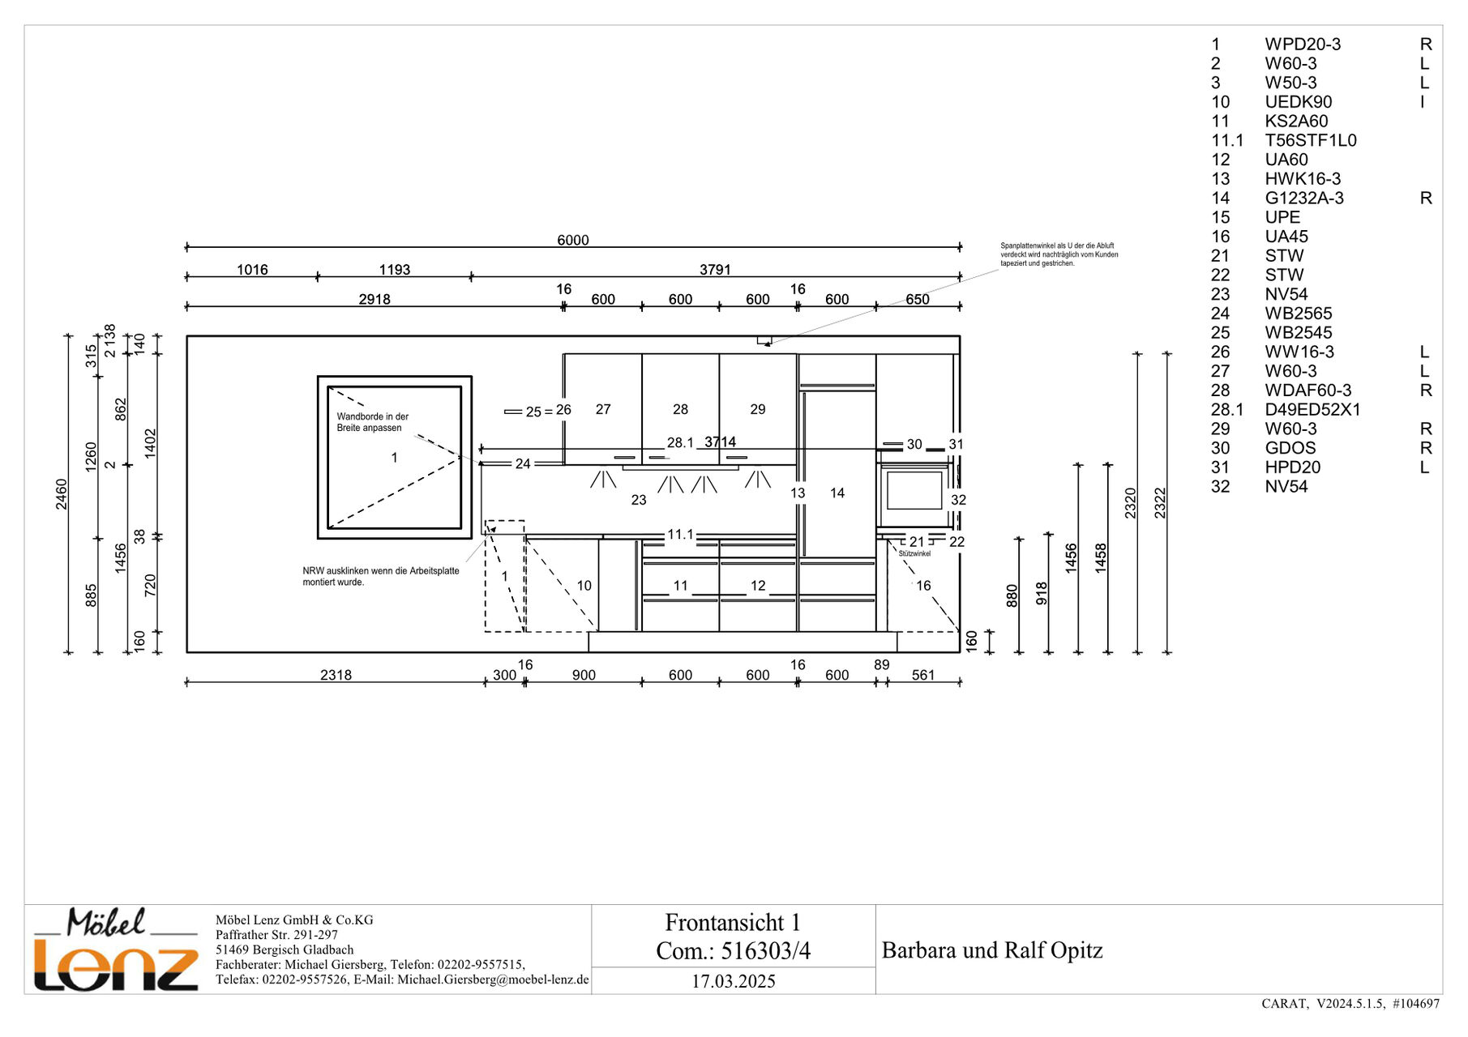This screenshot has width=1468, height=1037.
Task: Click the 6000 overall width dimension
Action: click(x=572, y=240)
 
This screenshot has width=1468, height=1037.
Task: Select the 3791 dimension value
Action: click(x=715, y=270)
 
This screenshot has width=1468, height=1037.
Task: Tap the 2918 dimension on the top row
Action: click(x=374, y=299)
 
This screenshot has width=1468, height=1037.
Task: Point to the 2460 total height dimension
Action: click(x=62, y=494)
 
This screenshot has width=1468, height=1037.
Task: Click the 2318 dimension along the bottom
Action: click(x=336, y=675)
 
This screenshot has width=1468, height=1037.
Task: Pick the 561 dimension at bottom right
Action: click(x=923, y=675)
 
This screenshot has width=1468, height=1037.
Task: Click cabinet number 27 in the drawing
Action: click(x=603, y=409)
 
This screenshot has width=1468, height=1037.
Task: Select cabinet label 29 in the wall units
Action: click(x=758, y=409)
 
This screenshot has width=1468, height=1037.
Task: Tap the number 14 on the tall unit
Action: click(x=837, y=493)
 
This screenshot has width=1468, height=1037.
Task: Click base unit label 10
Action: click(x=584, y=585)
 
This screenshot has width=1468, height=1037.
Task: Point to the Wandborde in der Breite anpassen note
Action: click(x=373, y=422)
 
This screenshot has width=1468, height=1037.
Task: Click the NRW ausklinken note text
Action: click(x=381, y=576)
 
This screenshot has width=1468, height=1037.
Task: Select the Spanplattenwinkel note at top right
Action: click(x=1059, y=254)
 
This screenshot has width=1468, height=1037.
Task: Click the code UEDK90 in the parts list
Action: click(x=1299, y=102)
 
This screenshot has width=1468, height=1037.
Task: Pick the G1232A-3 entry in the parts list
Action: click(x=1304, y=198)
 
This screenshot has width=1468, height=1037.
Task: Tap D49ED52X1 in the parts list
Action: click(x=1312, y=410)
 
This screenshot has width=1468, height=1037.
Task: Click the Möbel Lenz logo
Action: click(x=116, y=950)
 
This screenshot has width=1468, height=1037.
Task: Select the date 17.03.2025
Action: click(x=734, y=981)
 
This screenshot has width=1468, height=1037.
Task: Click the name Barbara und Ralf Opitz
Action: click(x=992, y=950)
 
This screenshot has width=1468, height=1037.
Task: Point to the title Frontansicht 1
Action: click(x=733, y=922)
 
